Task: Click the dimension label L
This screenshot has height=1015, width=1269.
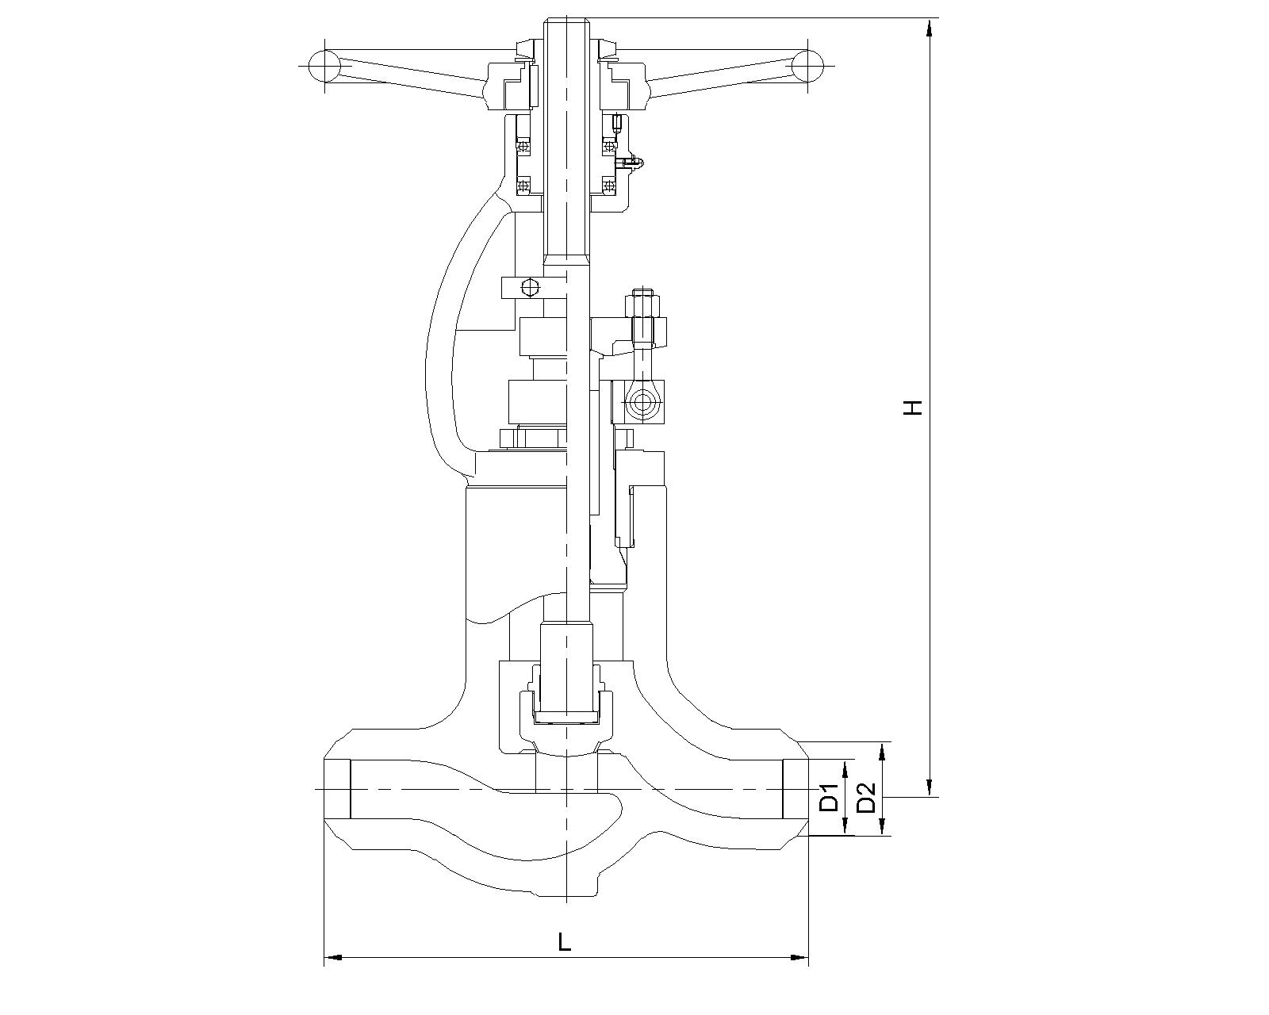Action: pos(565,942)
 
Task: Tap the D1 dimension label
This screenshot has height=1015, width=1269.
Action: pos(830,798)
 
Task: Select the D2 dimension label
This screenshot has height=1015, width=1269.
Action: pos(865,798)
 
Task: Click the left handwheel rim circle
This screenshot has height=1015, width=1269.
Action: pos(324,66)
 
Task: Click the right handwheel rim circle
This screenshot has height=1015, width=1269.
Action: pos(807,66)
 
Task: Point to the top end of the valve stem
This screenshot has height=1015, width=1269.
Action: pos(566,19)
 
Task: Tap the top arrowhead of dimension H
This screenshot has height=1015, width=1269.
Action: pos(930,27)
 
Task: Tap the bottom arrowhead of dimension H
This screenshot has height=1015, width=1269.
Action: pos(930,788)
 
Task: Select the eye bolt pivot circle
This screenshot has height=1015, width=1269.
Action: pos(640,404)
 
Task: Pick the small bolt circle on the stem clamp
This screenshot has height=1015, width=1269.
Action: pos(530,287)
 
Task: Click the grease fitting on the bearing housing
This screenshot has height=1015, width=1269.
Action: pos(631,162)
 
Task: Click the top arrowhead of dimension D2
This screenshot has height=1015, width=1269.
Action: pos(883,751)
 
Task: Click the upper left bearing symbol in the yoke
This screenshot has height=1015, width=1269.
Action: pos(523,145)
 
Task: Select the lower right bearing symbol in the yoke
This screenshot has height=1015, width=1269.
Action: pos(608,186)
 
